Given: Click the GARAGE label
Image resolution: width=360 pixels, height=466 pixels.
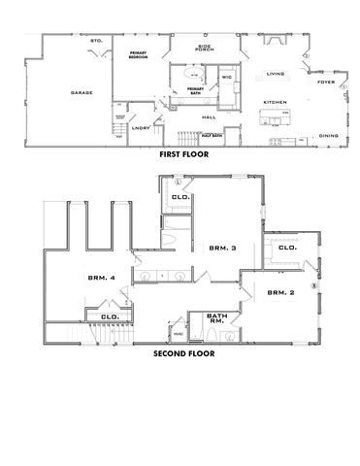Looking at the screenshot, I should coord(81,93).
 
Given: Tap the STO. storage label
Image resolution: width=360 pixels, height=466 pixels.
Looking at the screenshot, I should coord(96,41).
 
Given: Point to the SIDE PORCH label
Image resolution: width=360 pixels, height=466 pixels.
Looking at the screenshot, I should coord(204,49).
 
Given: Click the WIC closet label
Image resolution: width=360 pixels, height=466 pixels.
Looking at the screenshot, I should coord(225,76).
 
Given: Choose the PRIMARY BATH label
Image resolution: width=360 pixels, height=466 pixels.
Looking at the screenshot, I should coord(197,90).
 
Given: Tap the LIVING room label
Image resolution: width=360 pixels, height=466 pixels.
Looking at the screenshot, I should coord(276,73).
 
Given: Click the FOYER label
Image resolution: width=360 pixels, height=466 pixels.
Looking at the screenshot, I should coord(326,83).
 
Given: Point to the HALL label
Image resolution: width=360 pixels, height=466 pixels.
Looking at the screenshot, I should coord(209,116).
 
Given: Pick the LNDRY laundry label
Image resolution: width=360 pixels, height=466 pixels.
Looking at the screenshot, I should coord(139,127).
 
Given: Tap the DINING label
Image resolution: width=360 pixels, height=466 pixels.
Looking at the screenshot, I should coord(328,135).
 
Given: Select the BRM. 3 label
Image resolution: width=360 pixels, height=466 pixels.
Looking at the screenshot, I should coord(222,250).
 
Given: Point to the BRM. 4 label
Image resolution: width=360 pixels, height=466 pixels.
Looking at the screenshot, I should coord(102,279).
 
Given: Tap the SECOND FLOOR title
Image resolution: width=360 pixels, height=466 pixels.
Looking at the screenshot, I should coord(183,354).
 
